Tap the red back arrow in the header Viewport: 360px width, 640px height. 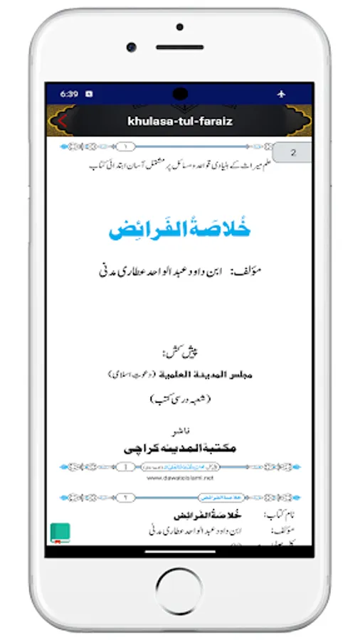[62, 120]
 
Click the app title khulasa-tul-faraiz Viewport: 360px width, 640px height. [180, 121]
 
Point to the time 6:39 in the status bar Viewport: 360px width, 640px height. [69, 93]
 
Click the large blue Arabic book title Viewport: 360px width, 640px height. [181, 230]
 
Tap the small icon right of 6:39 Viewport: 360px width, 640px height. [89, 93]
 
